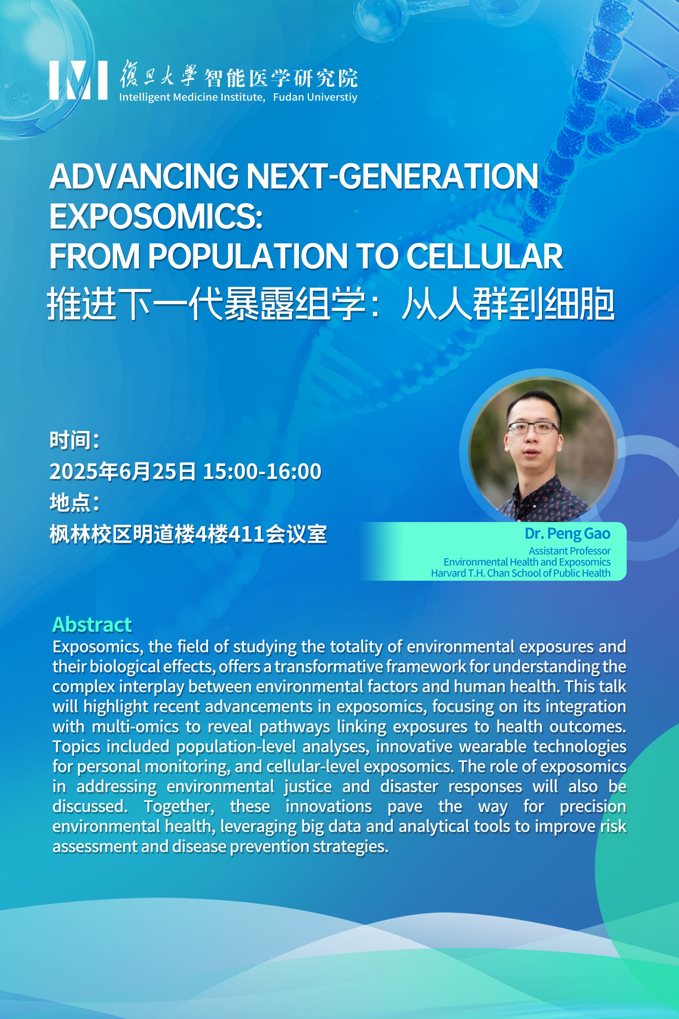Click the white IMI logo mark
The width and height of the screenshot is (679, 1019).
(78, 80)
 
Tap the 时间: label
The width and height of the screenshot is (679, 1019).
(75, 440)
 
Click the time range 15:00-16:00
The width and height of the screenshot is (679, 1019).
(262, 471)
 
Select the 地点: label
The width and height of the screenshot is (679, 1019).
(75, 503)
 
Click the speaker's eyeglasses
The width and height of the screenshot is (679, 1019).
(533, 428)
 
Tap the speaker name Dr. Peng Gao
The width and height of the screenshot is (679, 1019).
(567, 534)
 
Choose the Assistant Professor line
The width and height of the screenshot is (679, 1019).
(570, 551)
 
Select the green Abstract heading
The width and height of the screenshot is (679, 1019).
(92, 624)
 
